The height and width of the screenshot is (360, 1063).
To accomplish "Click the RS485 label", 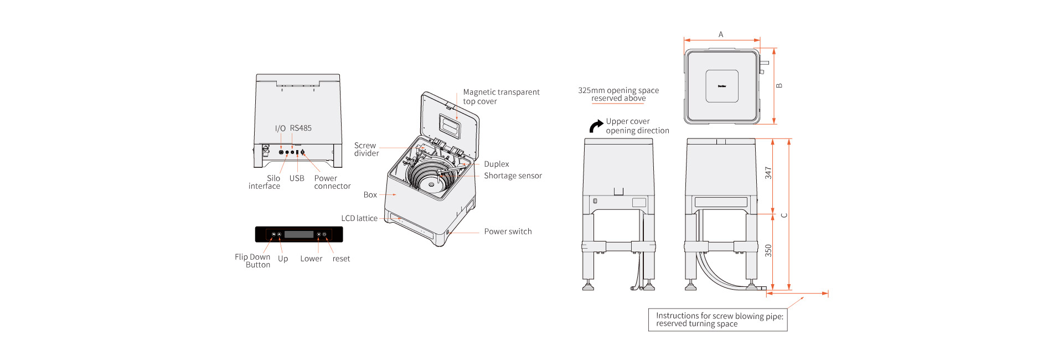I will [x=301, y=128].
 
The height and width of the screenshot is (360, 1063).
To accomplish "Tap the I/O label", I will [x=280, y=128].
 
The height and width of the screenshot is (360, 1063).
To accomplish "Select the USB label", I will [x=297, y=178].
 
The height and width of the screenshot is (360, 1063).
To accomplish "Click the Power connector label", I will [x=332, y=182].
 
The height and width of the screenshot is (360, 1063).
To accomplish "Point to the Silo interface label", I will [x=265, y=182].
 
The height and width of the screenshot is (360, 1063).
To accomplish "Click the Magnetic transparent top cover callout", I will [x=501, y=96].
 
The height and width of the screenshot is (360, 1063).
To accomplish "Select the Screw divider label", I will [x=366, y=150].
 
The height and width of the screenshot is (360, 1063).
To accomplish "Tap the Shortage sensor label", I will [x=513, y=176].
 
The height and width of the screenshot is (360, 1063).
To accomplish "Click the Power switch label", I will [x=508, y=232].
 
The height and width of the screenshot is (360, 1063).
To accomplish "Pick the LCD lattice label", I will [x=359, y=218].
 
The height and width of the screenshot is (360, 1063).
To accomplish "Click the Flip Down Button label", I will [x=253, y=261].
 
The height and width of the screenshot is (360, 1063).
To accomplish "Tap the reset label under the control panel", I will [x=341, y=259].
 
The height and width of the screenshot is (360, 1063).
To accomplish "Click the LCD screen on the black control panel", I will [x=299, y=234].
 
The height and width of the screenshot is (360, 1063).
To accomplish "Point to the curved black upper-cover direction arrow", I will [x=596, y=126].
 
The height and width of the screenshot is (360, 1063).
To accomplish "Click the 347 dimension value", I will [x=768, y=173].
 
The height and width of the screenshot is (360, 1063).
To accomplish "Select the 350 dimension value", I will [x=768, y=250].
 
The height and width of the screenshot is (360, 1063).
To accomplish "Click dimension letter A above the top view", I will [x=721, y=34].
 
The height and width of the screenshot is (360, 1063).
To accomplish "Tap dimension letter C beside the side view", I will [x=784, y=215].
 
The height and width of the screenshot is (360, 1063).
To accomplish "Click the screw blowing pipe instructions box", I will [x=718, y=320].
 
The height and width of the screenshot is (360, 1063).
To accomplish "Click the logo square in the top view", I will [x=722, y=86].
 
